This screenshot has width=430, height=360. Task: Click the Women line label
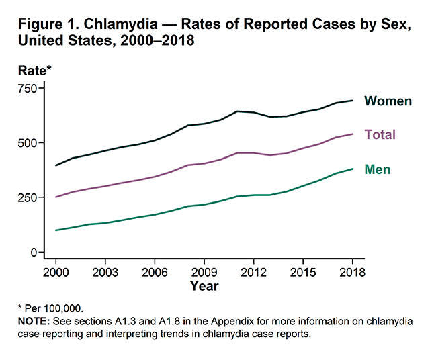(x=388, y=101)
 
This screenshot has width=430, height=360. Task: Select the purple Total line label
(x=380, y=135)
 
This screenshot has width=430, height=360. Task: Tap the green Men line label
(x=377, y=170)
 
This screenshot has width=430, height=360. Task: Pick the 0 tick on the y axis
(x=33, y=253)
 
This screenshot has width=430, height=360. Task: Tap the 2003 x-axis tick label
(x=105, y=272)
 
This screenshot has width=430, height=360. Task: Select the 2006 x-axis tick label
(x=155, y=272)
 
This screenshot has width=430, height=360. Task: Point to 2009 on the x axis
(x=204, y=272)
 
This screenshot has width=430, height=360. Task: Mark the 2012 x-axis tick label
(x=254, y=272)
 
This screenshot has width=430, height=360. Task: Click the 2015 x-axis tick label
(x=303, y=272)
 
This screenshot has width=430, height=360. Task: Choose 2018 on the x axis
(x=353, y=272)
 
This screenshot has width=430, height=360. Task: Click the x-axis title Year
(x=204, y=286)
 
